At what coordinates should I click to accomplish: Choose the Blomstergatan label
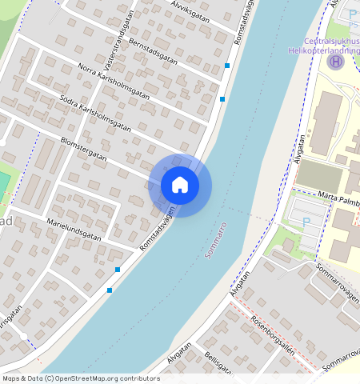coord(90,152)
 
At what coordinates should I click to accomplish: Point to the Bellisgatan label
coord(218,363)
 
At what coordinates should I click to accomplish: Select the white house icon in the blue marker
coord(180,185)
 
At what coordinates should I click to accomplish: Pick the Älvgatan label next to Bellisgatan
coord(179,357)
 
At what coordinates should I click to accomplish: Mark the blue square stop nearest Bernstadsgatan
coord(228,66)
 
